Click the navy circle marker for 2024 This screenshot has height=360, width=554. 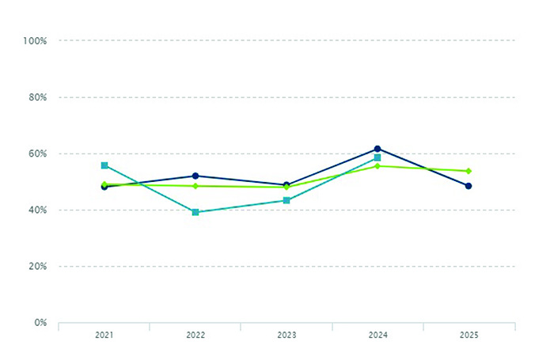coord(378,149)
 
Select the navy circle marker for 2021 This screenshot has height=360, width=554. coord(104,187)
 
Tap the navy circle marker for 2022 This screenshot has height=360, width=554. coord(195,176)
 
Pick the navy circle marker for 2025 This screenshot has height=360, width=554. coord(469,186)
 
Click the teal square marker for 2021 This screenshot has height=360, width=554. coord(104,165)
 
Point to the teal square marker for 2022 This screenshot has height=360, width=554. coord(195,212)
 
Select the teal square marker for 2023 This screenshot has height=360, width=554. coord(286,200)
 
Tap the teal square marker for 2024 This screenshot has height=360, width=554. coord(378,157)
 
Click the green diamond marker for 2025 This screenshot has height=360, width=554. coord(469,171)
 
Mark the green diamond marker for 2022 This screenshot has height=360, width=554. coord(195,186)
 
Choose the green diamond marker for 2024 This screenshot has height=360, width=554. coord(378,166)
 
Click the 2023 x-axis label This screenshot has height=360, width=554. coord(286,335)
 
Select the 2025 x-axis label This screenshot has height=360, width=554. coord(469,335)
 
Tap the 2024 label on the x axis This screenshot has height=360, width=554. coord(378,335)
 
